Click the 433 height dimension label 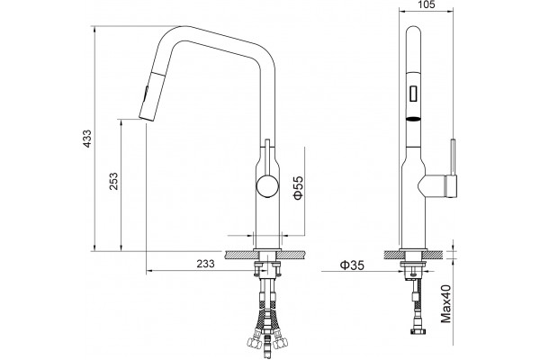[x=87, y=139]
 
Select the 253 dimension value [x=113, y=181]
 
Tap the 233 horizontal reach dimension [x=205, y=264]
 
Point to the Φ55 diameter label [x=298, y=188]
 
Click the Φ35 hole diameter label [x=352, y=265]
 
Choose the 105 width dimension [x=426, y=4]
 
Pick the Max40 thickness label [x=446, y=304]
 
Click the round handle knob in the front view [x=267, y=186]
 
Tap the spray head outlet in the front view [x=146, y=118]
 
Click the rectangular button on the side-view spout [x=413, y=93]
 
